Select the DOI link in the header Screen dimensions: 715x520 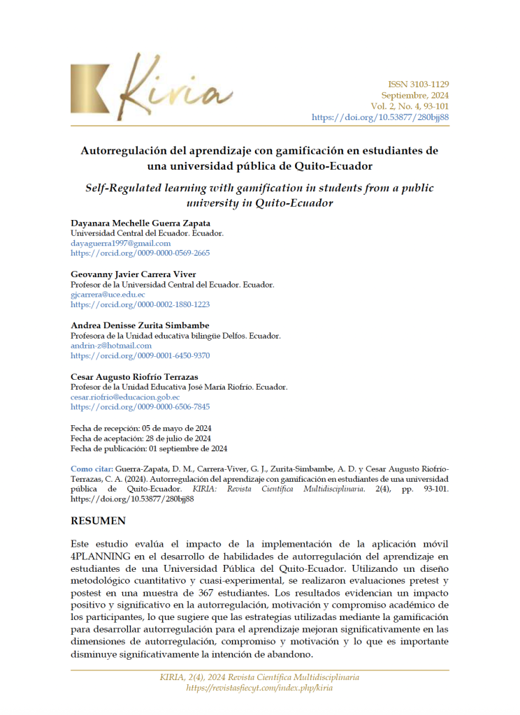pos(380,117)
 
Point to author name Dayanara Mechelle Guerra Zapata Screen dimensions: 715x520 pos(140,223)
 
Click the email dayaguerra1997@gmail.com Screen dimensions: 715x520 pos(121,243)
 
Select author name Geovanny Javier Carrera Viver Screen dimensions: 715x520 pos(133,274)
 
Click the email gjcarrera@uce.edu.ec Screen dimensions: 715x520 pos(108,295)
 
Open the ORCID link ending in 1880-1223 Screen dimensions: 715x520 pos(140,304)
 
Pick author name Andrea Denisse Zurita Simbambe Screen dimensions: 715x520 pos(140,325)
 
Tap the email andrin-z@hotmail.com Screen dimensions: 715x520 pos(111,346)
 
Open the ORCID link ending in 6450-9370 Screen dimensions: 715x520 pos(140,355)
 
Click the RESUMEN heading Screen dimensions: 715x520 pos(98,521)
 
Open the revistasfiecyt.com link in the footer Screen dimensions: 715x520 pos(259,688)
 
